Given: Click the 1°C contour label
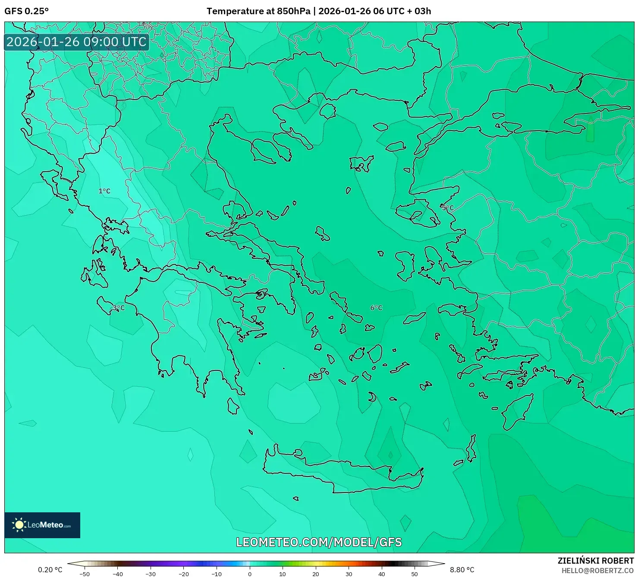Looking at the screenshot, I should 104,191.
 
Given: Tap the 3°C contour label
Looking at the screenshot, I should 119,308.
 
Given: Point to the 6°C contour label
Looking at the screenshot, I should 376,308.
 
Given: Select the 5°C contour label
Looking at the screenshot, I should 448,208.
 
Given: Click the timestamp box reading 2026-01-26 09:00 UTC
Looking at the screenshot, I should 77,42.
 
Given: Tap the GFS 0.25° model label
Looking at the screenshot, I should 27,11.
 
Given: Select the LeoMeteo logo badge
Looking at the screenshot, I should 42,525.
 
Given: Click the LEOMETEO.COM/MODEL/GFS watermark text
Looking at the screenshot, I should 319,543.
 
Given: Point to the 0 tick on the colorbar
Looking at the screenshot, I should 250,574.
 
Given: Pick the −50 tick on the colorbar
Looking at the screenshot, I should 85,574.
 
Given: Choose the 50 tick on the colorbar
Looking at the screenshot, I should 415,574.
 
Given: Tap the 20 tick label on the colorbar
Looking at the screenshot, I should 316,574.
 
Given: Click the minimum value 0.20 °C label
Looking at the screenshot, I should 50,570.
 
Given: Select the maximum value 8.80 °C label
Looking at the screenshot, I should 462,570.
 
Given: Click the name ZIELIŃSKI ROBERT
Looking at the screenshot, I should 596,561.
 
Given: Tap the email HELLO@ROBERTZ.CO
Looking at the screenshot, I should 597,571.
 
